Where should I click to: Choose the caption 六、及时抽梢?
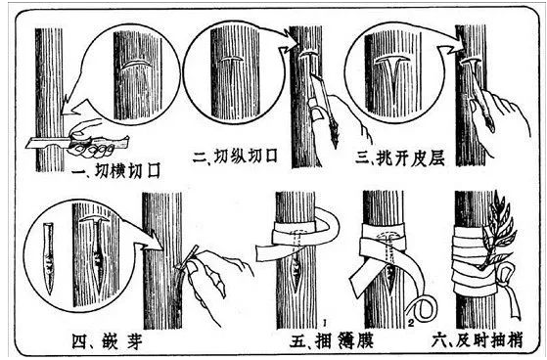pos(478,340)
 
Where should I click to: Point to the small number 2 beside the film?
pos(416,319)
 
